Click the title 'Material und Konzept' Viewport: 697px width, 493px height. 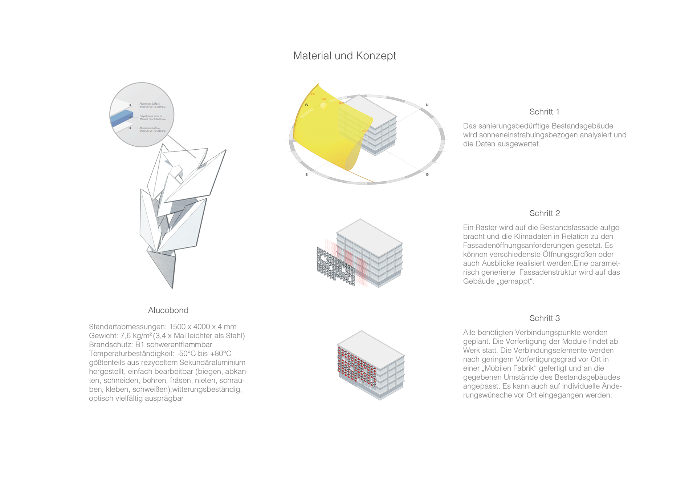(345, 56)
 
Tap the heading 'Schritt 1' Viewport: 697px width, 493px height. (544, 112)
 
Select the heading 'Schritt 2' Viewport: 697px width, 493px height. (544, 213)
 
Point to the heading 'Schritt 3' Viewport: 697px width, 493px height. (544, 318)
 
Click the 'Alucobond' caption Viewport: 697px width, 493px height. (168, 310)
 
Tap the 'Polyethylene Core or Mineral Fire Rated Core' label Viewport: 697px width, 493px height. (152, 117)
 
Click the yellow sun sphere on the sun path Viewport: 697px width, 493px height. (323, 105)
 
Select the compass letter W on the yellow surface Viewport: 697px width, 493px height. (306, 105)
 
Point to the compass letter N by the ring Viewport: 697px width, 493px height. (427, 105)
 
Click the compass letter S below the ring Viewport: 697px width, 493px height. (306, 175)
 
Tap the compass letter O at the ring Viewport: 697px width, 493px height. (427, 175)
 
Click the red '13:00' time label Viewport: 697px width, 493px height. (323, 99)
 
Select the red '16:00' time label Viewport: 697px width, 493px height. (312, 94)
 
